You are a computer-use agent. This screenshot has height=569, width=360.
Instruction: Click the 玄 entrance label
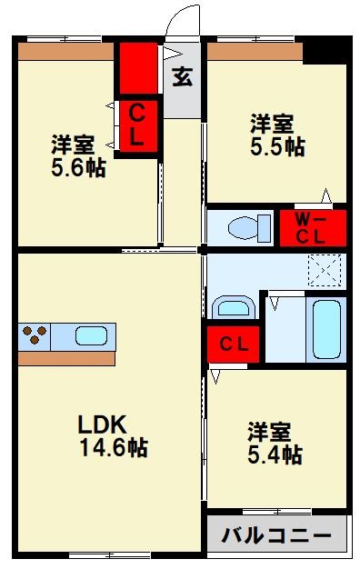(182, 77)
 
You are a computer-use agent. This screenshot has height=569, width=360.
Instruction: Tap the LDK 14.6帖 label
(113, 435)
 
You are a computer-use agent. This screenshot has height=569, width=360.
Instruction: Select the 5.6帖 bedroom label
(77, 155)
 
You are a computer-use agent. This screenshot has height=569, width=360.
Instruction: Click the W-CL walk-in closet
(313, 227)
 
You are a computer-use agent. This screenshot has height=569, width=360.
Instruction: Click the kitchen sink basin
(90, 336)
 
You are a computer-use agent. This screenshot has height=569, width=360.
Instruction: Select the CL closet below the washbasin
(234, 344)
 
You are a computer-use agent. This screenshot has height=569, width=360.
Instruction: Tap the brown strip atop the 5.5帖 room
(255, 52)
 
